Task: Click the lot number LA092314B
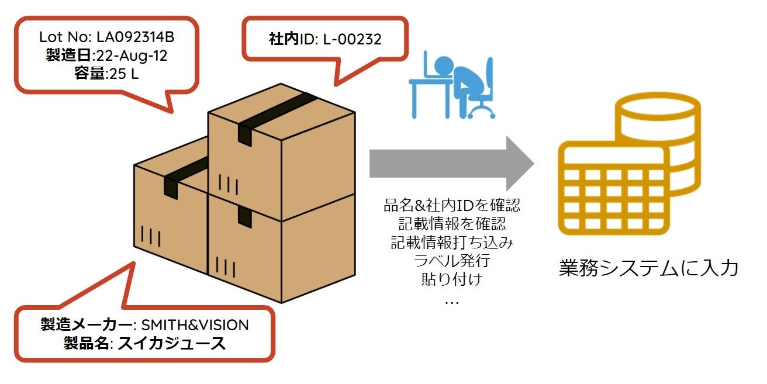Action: click(135, 37)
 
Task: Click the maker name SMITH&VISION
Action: click(195, 325)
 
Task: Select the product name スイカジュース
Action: click(171, 343)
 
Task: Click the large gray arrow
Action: click(451, 164)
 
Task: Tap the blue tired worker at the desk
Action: click(450, 85)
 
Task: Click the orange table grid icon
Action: click(613, 187)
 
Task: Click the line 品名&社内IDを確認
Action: click(451, 206)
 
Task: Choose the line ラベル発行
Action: click(451, 261)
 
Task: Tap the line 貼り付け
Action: click(451, 279)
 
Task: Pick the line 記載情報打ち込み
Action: click(451, 243)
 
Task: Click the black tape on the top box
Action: click(275, 113)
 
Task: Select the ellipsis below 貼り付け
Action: click(451, 301)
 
